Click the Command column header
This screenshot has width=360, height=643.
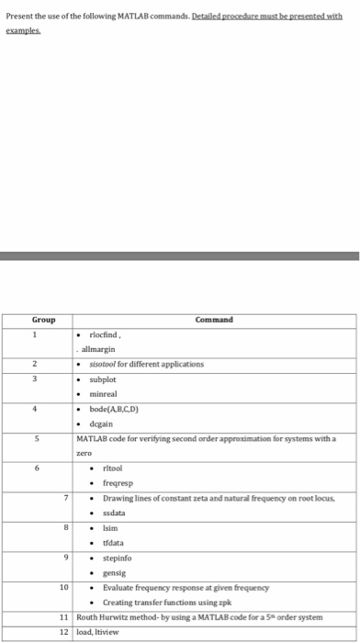(x=213, y=320)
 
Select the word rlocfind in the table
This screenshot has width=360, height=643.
(x=107, y=336)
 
